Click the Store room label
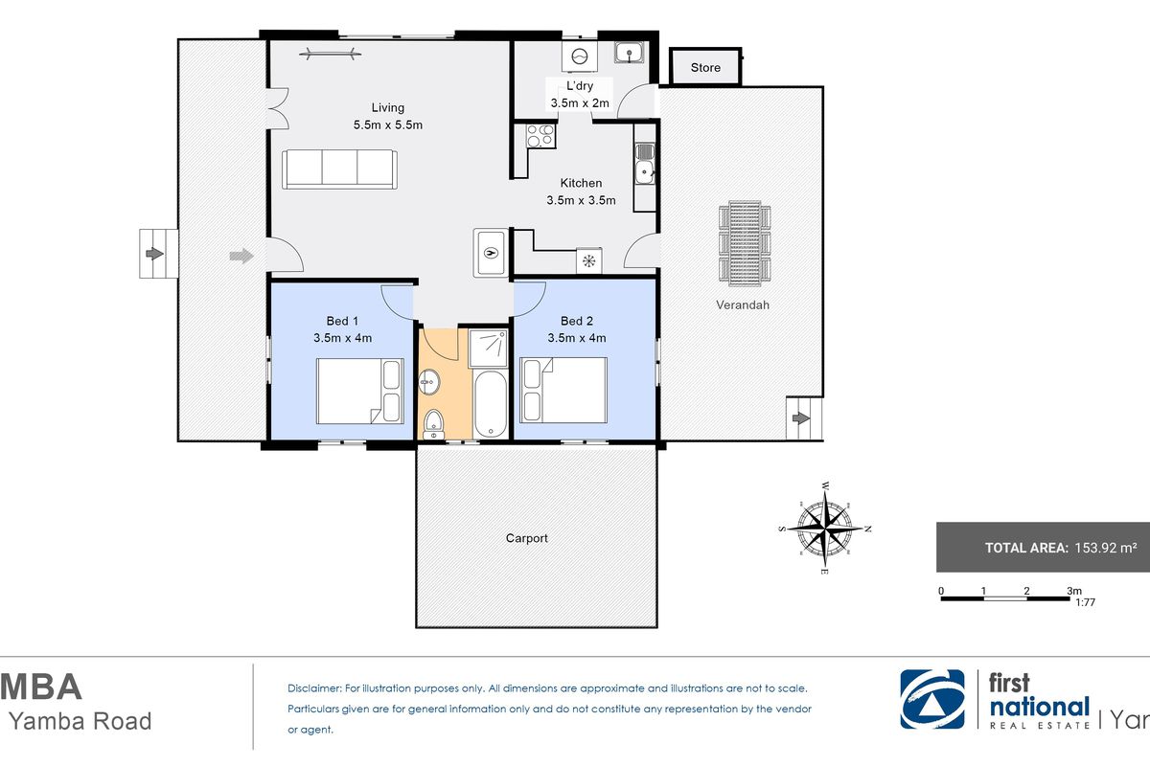705,68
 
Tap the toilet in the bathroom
434,424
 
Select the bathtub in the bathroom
491,404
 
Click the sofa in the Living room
339,169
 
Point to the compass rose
825,529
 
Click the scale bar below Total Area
1005,598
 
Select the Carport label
527,538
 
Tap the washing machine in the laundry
580,56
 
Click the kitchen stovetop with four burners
540,135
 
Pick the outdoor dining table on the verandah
745,242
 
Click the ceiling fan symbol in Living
330,53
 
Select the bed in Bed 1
360,391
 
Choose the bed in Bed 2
563,390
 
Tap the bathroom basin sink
429,382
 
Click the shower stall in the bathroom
489,348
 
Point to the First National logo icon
932,699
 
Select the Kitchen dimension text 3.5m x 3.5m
581,200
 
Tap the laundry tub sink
629,53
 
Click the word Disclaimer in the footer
314,688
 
